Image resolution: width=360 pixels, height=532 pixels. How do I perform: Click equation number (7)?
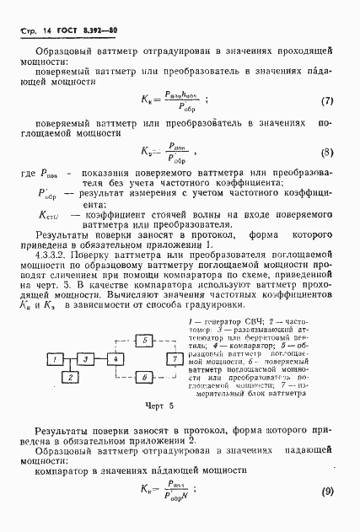point(328,101)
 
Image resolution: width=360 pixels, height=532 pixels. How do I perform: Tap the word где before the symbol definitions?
point(28,171)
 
